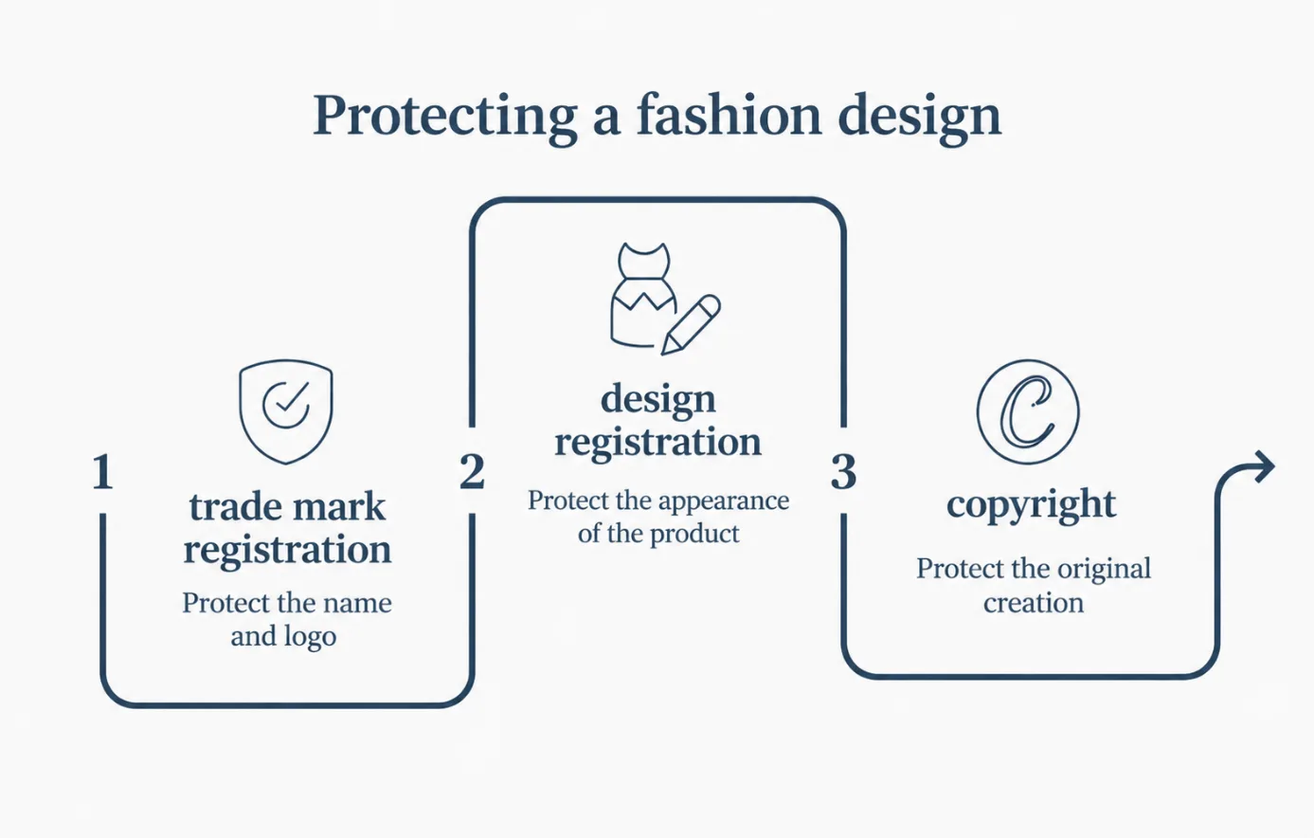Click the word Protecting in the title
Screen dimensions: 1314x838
(445, 118)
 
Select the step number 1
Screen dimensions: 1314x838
(102, 471)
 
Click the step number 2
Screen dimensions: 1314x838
(472, 471)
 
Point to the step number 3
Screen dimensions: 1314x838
(843, 472)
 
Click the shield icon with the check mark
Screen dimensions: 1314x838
(286, 411)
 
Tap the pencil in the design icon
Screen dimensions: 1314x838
(691, 324)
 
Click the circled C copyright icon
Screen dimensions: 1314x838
(1028, 412)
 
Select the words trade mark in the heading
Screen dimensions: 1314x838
(287, 506)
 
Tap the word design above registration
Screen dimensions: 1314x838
(658, 401)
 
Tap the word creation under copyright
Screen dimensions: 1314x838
(1034, 603)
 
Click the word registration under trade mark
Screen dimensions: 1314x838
(287, 551)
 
